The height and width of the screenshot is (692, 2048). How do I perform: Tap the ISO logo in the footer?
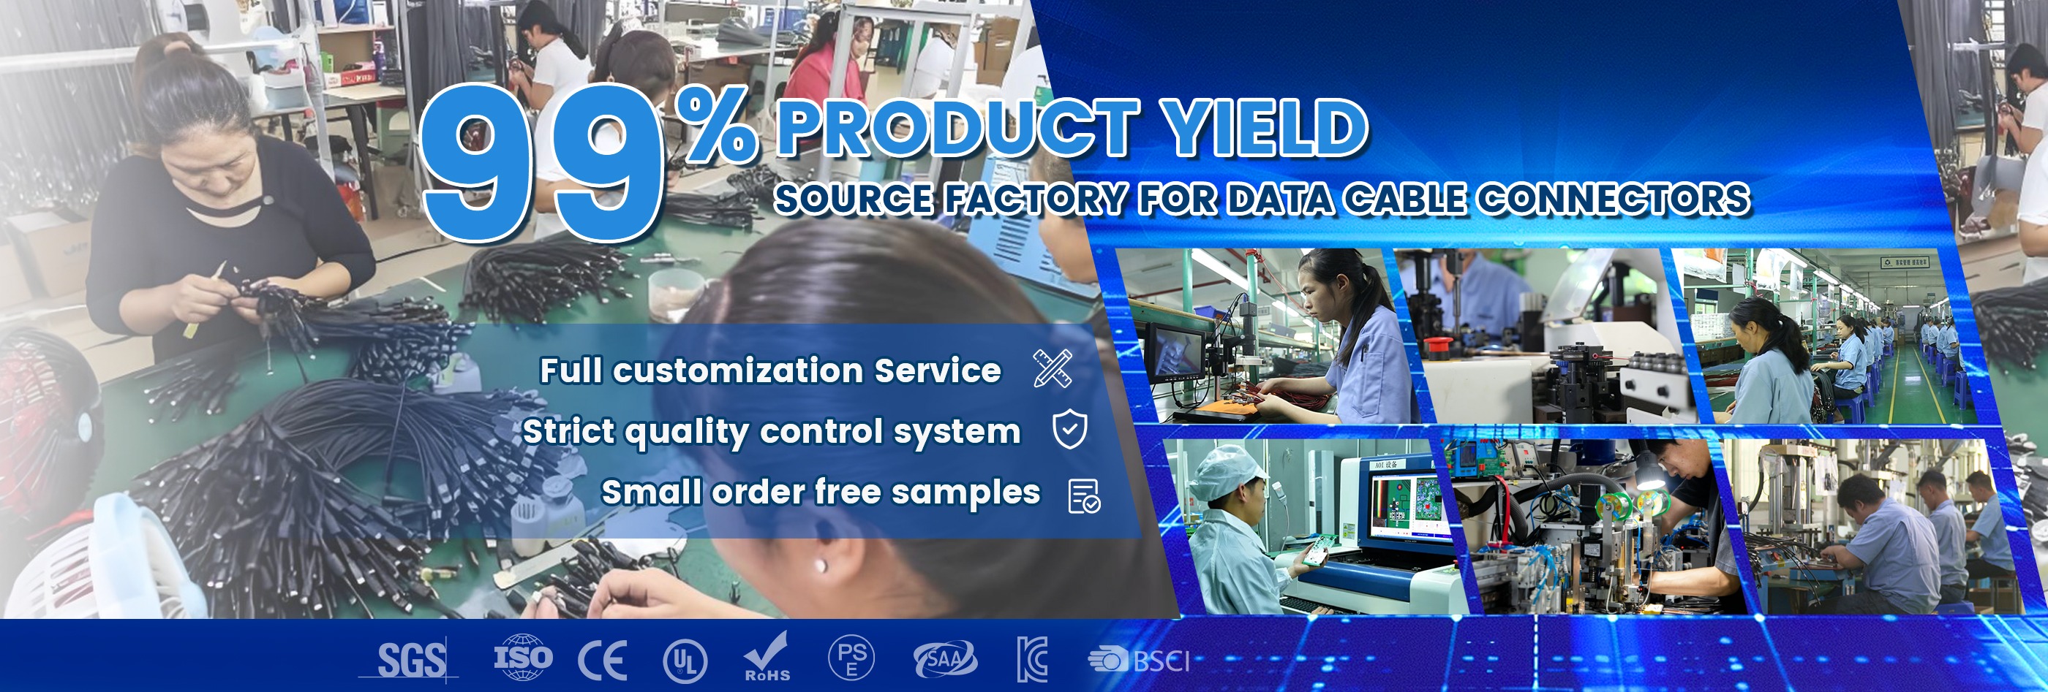(x=522, y=657)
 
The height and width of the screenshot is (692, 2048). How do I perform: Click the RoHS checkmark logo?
(x=767, y=657)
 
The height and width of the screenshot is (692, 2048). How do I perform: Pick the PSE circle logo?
(x=851, y=658)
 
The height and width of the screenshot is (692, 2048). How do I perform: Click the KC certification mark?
(x=1032, y=659)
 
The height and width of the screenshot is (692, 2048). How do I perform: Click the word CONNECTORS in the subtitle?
(x=1614, y=199)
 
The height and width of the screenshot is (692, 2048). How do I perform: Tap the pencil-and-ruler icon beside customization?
(x=1053, y=368)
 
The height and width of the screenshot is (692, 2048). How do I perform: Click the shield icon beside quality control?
(x=1069, y=430)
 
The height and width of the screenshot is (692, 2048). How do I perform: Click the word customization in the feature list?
(x=738, y=370)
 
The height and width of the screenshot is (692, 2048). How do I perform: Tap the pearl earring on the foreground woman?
(x=821, y=566)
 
